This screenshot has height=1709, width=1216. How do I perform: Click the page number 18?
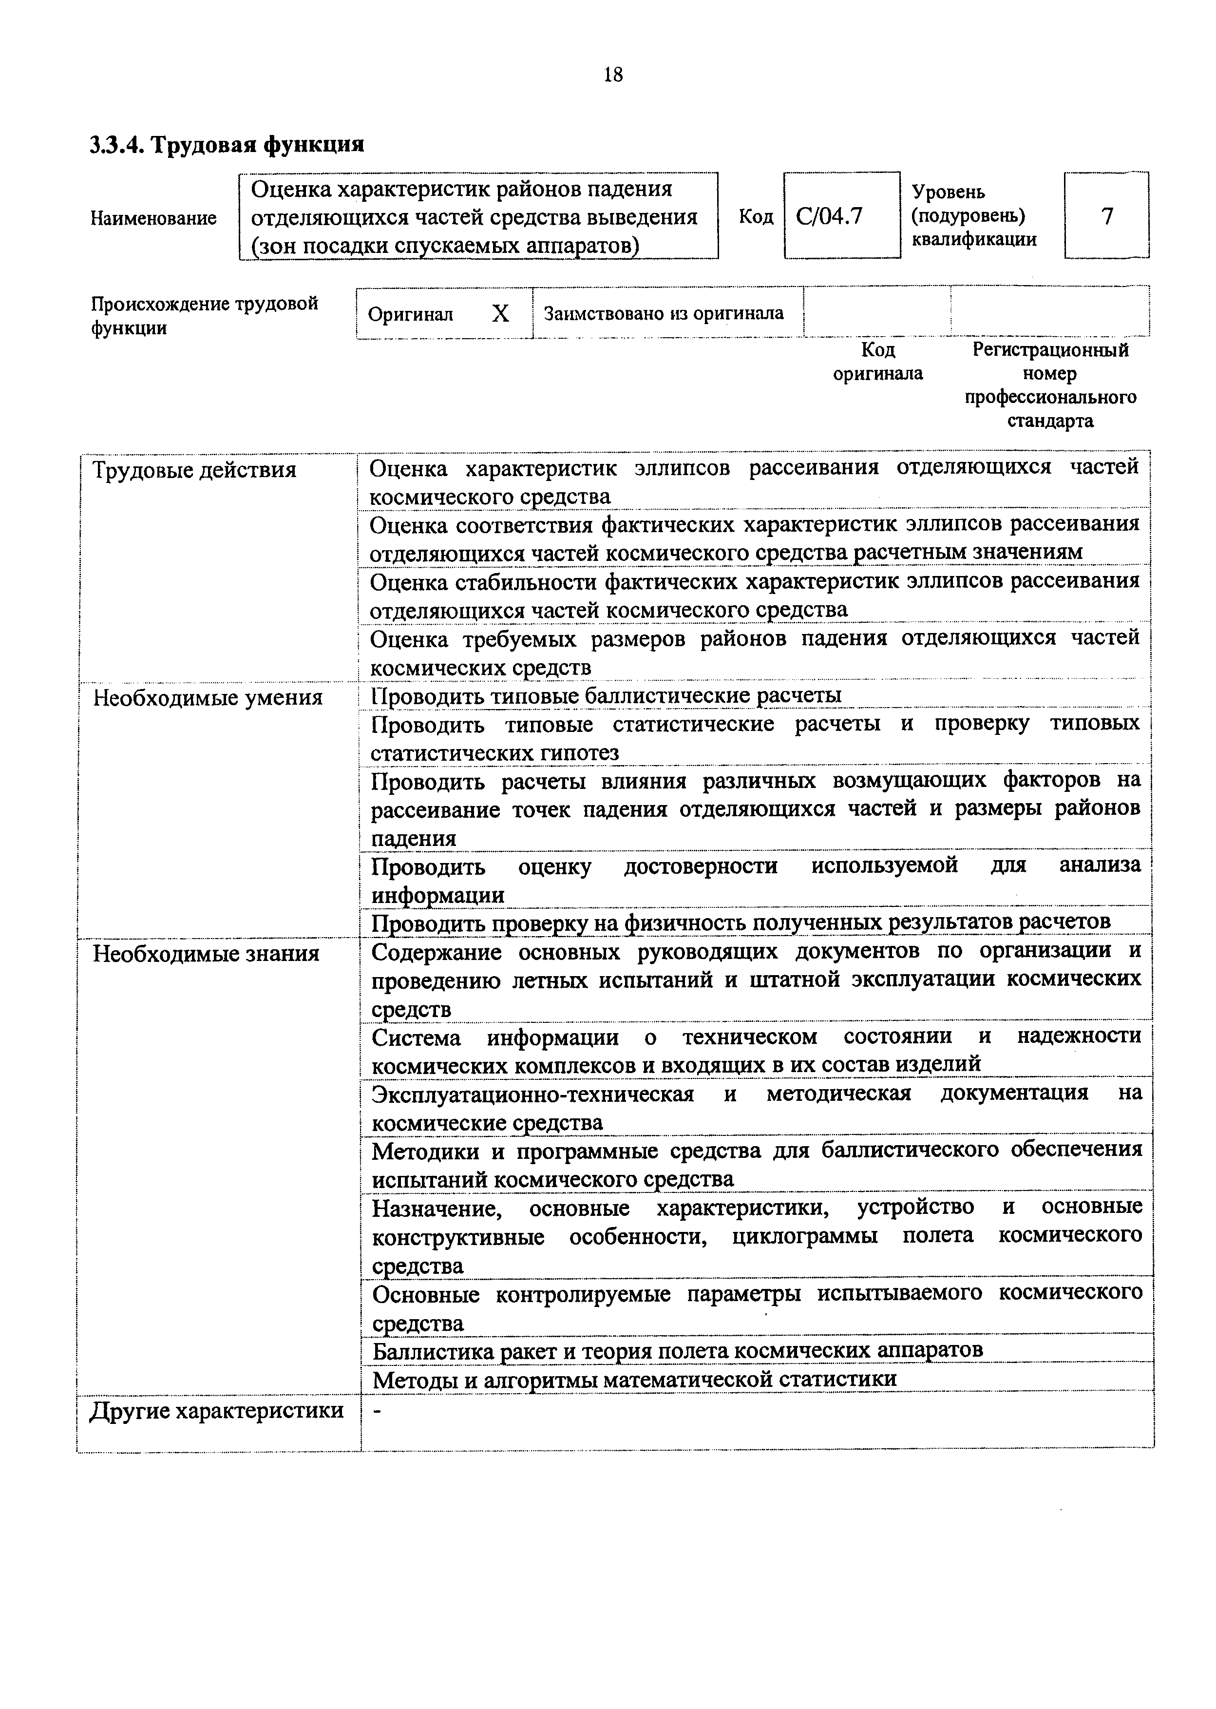612,75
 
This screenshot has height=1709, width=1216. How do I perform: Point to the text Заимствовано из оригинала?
664,313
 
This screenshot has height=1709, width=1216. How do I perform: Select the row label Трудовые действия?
194,470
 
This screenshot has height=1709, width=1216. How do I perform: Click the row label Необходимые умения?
208,698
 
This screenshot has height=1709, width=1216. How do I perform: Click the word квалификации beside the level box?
974,240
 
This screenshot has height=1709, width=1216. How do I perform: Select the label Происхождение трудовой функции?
205,315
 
